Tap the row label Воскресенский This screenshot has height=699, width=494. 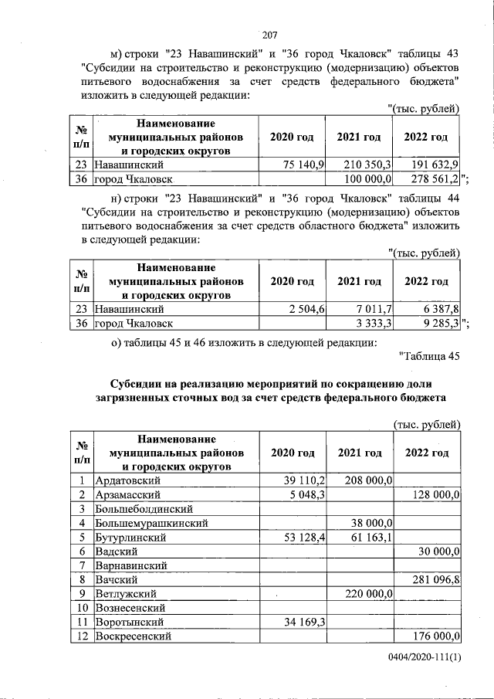tap(132, 636)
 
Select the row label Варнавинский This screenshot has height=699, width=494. tap(132, 565)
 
